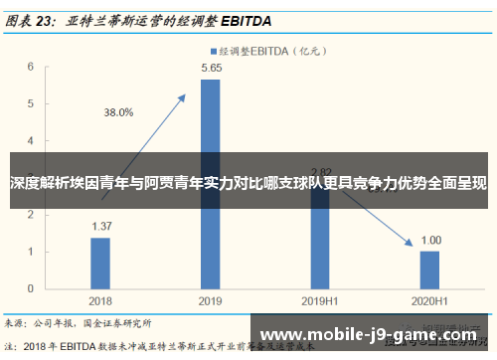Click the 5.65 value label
click(211, 68)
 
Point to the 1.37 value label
click(100, 226)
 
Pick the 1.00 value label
click(430, 240)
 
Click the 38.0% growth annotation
click(118, 112)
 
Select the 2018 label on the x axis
click(100, 299)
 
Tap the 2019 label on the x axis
click(210, 299)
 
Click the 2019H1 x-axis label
click(320, 299)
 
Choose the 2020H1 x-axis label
click(429, 299)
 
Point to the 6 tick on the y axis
click(32, 67)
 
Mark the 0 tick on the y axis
click(32, 287)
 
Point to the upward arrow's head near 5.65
click(184, 96)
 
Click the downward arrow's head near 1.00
click(412, 243)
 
